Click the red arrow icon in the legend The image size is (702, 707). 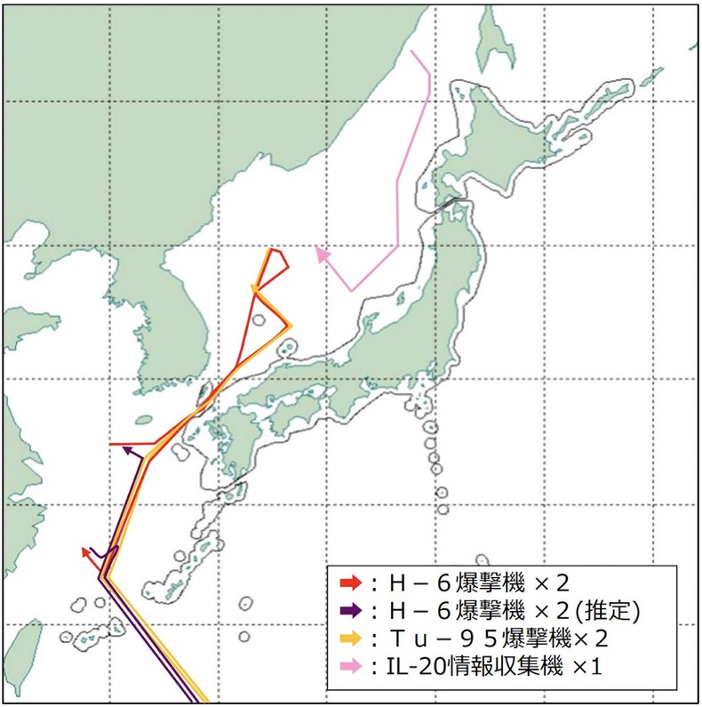pos(350,582)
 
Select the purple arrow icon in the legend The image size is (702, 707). pos(350,610)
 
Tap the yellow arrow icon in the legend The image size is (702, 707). pos(350,638)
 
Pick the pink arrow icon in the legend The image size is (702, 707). pos(350,664)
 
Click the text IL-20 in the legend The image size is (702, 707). pos(407,664)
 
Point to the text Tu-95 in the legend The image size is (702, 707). pos(431,638)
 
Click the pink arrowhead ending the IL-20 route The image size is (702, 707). pos(322,255)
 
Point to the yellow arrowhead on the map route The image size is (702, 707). pos(256,289)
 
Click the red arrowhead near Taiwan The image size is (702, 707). pos(86,552)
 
